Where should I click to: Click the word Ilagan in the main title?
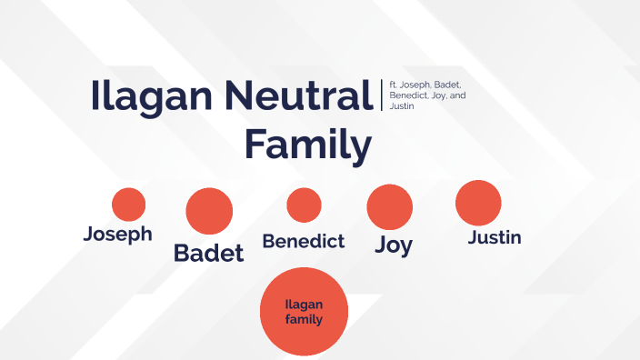(x=150, y=96)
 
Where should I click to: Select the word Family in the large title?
(x=310, y=145)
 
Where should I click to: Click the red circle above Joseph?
(x=128, y=205)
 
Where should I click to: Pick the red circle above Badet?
(x=209, y=211)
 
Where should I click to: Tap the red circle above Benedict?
(x=304, y=205)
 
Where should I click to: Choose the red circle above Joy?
(x=390, y=207)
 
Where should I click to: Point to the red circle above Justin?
(x=478, y=203)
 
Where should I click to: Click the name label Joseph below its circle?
(x=118, y=234)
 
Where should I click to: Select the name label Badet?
(x=209, y=253)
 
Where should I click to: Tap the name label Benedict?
(x=304, y=241)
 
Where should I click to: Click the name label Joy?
(x=394, y=245)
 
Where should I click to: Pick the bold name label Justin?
(x=495, y=238)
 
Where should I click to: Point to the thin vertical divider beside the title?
(x=381, y=95)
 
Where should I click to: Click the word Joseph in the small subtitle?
(x=417, y=85)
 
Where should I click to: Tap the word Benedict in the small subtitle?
(x=407, y=95)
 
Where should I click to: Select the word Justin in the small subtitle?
(x=403, y=106)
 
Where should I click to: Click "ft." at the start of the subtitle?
(x=394, y=85)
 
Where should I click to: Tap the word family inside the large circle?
(x=305, y=320)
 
